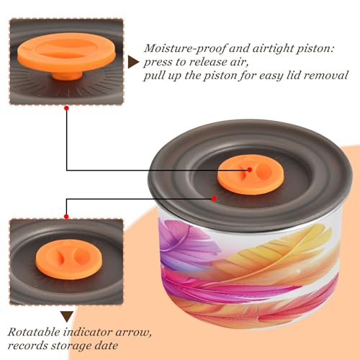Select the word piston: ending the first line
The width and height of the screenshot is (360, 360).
tap(315, 49)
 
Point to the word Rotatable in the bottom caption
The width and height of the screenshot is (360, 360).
tap(34, 333)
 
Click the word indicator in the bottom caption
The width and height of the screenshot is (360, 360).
tap(88, 333)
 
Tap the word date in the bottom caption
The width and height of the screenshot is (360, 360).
tap(106, 346)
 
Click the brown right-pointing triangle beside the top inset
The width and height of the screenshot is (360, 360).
tap(133, 63)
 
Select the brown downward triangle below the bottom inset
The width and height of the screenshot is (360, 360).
tap(67, 317)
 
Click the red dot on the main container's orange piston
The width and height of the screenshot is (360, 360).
tap(250, 170)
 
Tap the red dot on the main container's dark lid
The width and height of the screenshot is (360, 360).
tap(214, 199)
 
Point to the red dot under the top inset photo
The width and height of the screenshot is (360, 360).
tap(67, 109)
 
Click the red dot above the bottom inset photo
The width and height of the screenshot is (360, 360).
tap(66, 217)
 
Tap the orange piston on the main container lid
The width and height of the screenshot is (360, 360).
tap(251, 176)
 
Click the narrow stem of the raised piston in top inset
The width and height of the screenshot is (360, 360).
tap(67, 76)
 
